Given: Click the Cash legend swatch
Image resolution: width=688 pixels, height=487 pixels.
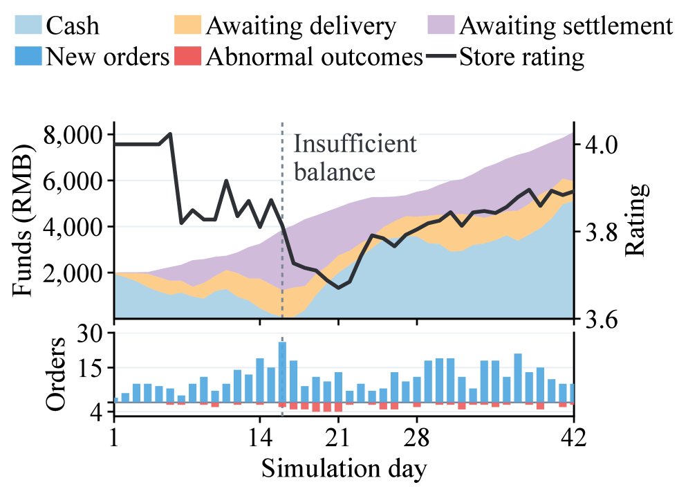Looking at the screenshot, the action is tap(28, 25).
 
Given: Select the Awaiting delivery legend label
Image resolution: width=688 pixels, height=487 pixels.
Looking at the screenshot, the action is tap(301, 26).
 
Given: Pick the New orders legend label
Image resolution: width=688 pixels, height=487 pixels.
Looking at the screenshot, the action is tap(107, 57).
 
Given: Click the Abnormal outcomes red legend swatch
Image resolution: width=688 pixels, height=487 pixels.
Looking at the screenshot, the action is tap(188, 56).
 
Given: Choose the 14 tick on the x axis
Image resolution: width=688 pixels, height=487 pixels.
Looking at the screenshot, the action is tap(260, 437).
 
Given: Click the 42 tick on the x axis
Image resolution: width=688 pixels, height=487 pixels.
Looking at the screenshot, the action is tap(573, 437).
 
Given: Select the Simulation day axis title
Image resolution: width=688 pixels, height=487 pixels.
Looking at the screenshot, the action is tap(344, 468).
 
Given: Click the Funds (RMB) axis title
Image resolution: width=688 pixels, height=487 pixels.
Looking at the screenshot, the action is tap(22, 219).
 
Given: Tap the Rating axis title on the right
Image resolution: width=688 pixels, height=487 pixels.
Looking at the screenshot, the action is tap(635, 219).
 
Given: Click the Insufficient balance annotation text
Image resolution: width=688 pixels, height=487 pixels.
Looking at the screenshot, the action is tap(355, 158).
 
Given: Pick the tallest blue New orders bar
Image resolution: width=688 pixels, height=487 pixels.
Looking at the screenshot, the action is tap(282, 372).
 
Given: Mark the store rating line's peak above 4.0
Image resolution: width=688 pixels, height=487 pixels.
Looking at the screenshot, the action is tap(170, 134).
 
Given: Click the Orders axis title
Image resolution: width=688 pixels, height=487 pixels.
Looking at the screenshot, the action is tap(56, 374).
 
